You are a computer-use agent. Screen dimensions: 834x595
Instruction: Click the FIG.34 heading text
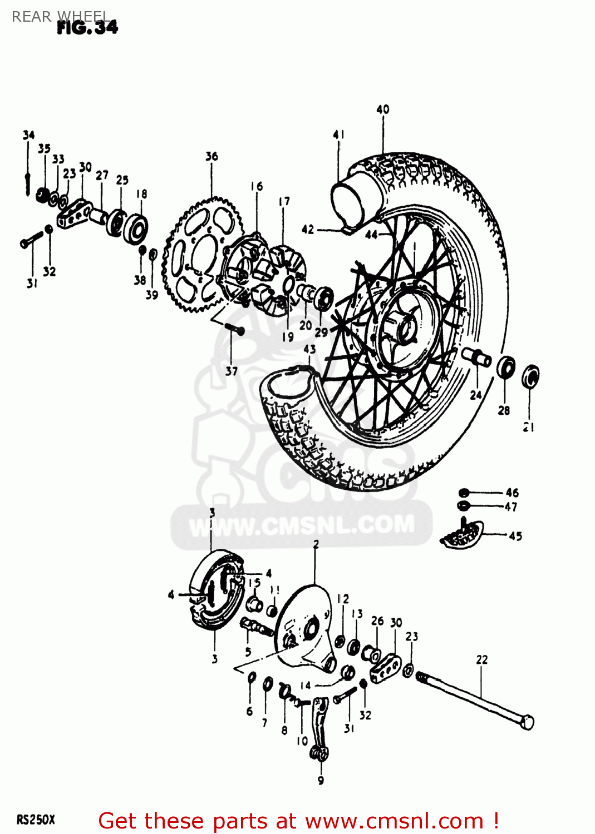[x=87, y=27]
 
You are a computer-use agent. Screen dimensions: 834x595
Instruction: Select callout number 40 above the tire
[x=383, y=110]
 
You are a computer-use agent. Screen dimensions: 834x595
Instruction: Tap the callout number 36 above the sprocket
[x=212, y=156]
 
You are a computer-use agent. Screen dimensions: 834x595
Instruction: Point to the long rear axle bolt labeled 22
[x=473, y=698]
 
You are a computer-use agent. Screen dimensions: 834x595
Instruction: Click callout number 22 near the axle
[x=482, y=660]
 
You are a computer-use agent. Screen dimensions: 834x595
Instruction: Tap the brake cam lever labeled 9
[x=319, y=728]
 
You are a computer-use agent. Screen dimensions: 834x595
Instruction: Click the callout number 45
[x=515, y=536]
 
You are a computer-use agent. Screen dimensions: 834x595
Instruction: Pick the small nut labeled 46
[x=464, y=493]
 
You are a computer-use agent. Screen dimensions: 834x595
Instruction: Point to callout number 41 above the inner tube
[x=338, y=135]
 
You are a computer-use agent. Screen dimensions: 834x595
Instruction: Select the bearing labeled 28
[x=505, y=368]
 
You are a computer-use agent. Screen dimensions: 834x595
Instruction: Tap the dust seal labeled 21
[x=530, y=376]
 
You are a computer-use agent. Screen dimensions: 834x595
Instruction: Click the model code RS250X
[x=36, y=820]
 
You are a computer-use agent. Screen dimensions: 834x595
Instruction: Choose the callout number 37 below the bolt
[x=232, y=371]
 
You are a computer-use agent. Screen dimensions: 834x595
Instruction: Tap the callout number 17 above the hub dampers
[x=284, y=201]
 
